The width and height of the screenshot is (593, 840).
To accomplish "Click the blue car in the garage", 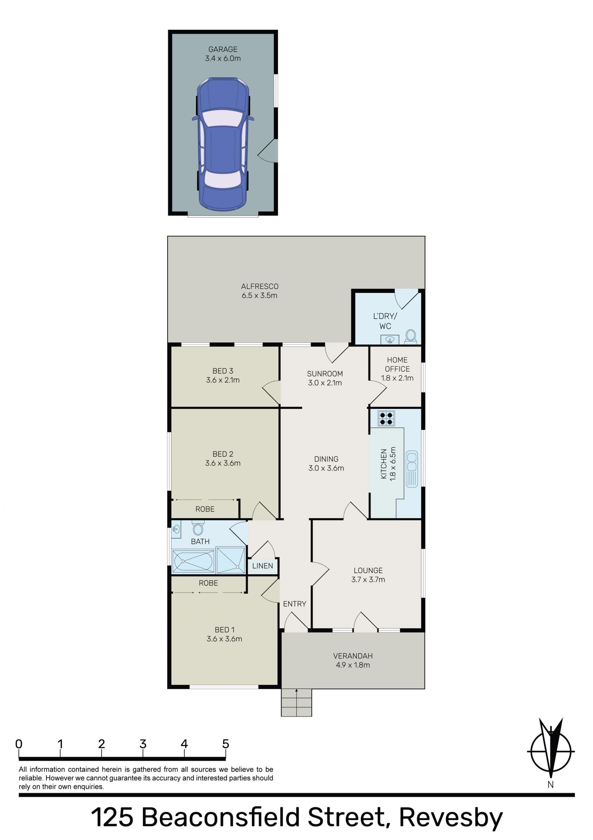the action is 223,144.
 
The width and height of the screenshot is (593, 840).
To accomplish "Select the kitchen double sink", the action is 412,469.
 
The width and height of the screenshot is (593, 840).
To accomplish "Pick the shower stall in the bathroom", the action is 231,560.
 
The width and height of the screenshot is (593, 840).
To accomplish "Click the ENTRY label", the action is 295,604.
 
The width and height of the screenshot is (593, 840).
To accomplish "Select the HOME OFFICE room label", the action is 397,365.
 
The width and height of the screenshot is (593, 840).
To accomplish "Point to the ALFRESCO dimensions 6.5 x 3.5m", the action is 259,296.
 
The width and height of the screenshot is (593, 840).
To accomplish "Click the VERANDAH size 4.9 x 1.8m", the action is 353,665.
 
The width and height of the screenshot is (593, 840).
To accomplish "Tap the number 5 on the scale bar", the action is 225,744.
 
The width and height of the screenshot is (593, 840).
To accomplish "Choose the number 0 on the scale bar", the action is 19,744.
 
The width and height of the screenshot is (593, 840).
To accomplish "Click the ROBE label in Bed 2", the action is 205,509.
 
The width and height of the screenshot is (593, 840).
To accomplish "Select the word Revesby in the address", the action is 451,817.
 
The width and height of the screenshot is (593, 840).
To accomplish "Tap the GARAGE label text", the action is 223,49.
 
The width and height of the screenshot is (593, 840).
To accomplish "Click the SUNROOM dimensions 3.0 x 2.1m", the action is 325,383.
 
